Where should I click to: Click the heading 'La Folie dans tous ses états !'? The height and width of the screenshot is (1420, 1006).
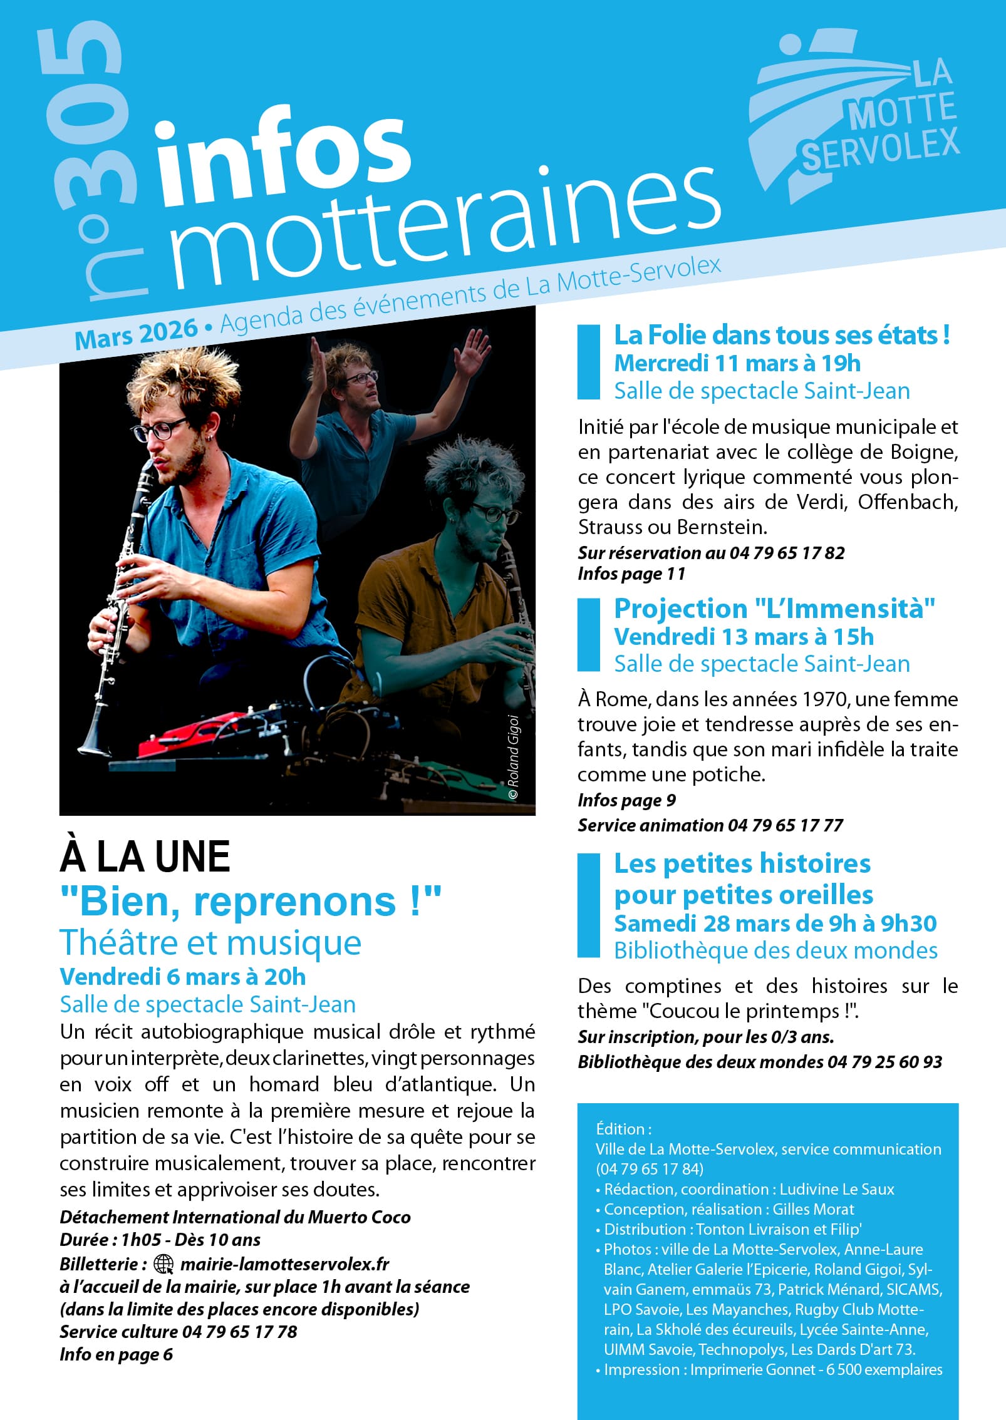[x=781, y=336]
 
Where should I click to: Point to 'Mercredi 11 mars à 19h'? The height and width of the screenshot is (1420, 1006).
[x=737, y=363]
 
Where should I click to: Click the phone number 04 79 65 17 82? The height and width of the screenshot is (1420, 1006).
[x=787, y=553]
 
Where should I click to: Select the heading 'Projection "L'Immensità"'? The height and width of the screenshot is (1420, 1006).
[x=774, y=609]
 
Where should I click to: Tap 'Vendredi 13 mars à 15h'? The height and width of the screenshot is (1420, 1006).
[x=744, y=637]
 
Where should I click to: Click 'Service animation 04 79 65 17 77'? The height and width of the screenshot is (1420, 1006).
[x=710, y=825]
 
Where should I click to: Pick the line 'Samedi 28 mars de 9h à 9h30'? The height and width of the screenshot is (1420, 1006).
[x=775, y=924]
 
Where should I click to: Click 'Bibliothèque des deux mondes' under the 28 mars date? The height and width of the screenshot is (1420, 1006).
[x=775, y=951]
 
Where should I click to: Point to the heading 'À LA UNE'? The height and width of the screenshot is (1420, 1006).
[x=145, y=857]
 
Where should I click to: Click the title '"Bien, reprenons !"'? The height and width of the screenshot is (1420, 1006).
[x=251, y=902]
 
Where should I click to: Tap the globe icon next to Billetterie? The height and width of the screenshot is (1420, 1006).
[x=163, y=1264]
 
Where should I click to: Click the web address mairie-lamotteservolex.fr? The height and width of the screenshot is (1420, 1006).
[x=285, y=1264]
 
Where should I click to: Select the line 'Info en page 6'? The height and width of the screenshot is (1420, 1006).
[x=116, y=1354]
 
